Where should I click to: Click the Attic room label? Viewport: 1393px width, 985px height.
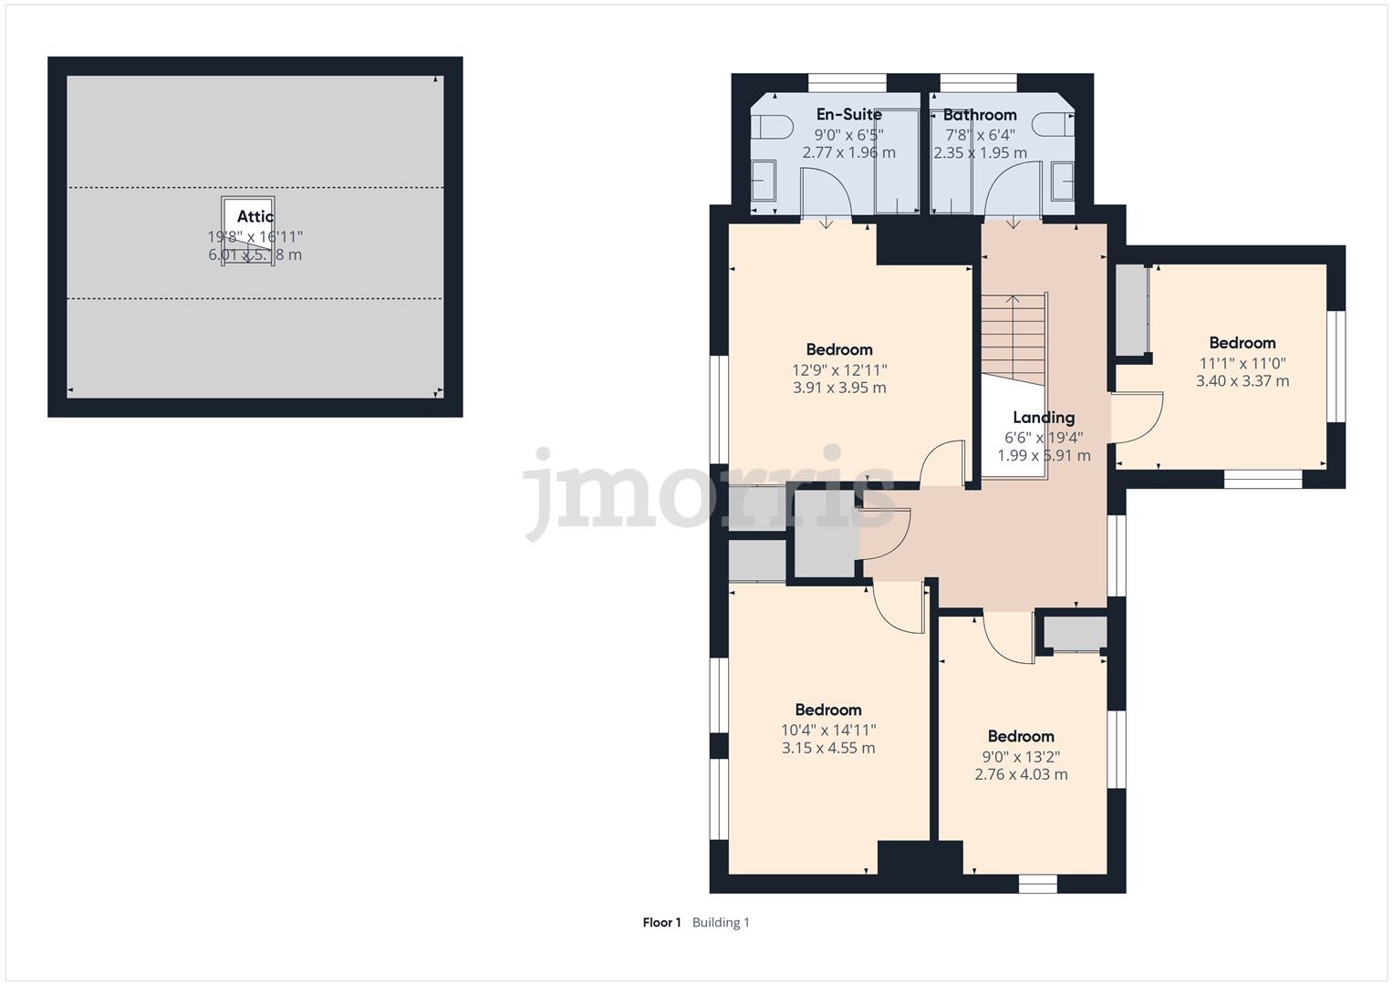[x=255, y=216]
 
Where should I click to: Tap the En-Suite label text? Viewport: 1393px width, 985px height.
[x=848, y=115]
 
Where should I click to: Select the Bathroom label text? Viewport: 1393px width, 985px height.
[x=979, y=115]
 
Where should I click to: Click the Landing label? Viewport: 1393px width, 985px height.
[x=1043, y=418]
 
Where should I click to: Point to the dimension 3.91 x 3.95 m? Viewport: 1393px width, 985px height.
[x=839, y=388]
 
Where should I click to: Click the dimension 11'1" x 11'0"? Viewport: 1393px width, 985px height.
[x=1242, y=363]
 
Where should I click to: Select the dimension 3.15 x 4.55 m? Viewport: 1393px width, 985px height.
[x=827, y=748]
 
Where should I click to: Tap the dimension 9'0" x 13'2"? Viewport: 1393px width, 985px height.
[x=1021, y=756]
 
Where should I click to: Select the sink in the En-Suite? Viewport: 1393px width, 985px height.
[x=763, y=181]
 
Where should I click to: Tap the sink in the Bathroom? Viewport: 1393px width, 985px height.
[x=1063, y=181]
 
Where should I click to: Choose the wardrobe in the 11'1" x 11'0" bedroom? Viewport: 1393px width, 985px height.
[x=1131, y=310]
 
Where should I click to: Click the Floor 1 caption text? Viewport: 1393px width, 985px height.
[x=661, y=922]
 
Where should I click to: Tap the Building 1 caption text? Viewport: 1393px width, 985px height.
[x=721, y=922]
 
